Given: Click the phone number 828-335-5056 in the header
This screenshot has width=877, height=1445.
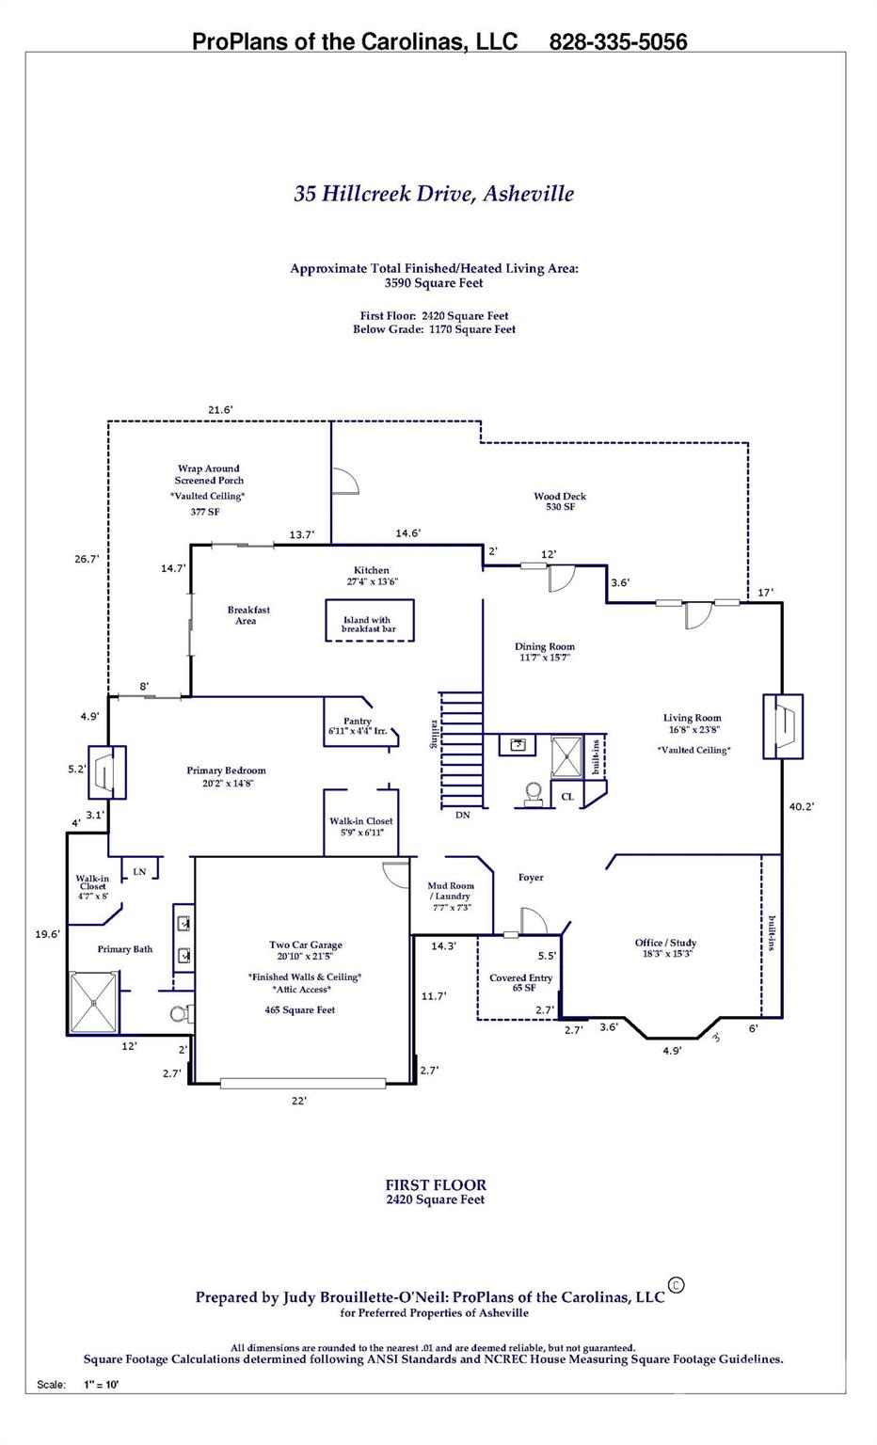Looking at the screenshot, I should coord(617,42).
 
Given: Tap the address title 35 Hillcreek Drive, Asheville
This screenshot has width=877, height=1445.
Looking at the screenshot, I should coord(434,194).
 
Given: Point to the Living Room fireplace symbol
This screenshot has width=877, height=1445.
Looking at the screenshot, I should coord(783,725).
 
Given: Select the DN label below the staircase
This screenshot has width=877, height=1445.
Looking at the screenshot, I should coord(462,816).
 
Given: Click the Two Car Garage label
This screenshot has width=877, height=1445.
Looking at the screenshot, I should coord(305,945).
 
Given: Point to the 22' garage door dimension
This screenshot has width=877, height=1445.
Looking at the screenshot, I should coord(299,1101).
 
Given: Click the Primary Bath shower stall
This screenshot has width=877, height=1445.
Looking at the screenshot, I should coord(94,1002).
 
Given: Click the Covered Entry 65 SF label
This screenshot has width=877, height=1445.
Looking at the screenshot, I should coord(520,983).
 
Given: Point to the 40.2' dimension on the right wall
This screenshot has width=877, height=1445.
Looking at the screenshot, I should coord(802,806).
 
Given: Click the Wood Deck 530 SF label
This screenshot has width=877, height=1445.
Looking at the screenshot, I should coord(560,501).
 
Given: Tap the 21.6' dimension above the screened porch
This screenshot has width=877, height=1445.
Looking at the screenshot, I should coord(220,409).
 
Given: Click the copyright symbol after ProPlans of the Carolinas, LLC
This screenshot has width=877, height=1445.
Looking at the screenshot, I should coord(676,1285).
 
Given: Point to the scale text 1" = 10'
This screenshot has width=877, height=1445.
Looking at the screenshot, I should coord(102,1385).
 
